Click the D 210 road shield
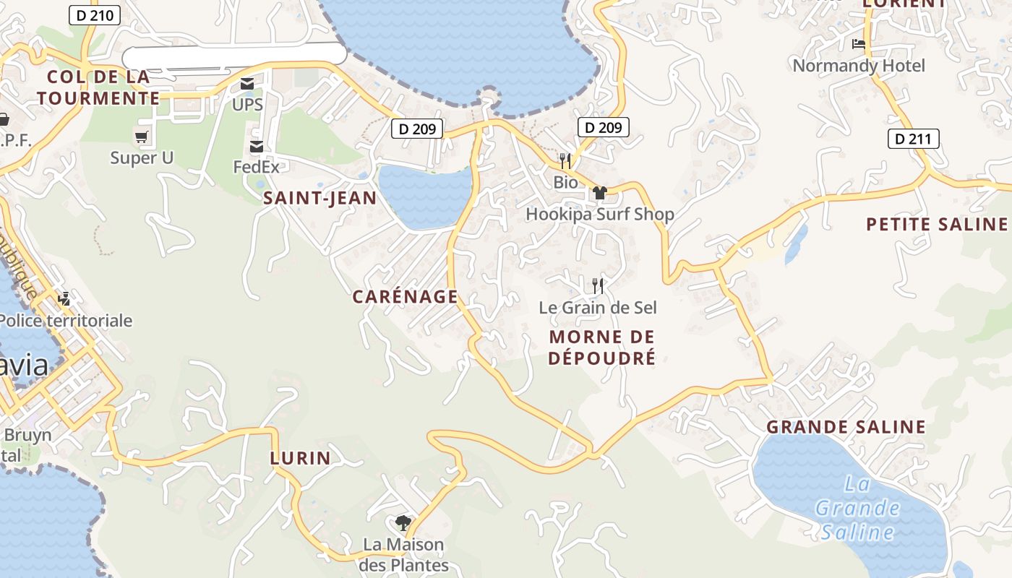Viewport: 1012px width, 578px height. pos(95,15)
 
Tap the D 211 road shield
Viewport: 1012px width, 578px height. pos(913,139)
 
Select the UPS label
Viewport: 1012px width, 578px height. pos(247,105)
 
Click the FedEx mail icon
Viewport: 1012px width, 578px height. pos(256,147)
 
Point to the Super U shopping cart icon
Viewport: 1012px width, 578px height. pos(142,137)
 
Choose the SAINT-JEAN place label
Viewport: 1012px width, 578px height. pos(320,199)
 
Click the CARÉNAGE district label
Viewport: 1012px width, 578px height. pos(405,296)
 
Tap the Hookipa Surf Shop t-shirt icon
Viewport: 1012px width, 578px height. pos(599,193)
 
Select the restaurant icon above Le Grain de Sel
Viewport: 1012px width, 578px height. pos(598,286)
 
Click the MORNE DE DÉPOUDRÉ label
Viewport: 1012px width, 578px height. pos(601,347)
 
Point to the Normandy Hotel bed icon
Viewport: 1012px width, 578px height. pos(859,44)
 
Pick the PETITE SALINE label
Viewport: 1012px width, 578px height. pos(937,224)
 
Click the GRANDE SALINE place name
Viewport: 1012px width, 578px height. pos(846,427)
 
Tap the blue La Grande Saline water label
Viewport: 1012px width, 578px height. pos(857,508)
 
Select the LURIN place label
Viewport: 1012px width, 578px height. pos(300,457)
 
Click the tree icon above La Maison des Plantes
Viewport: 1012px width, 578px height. pos(403,522)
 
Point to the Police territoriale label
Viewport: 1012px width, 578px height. pos(67,320)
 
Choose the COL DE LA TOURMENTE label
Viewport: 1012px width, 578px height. pos(98,87)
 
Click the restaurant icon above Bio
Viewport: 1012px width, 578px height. pos(565,160)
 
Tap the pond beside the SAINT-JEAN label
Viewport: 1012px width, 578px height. pos(424,197)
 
